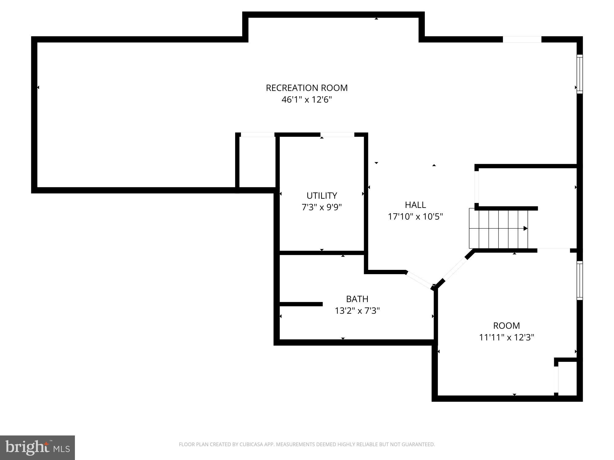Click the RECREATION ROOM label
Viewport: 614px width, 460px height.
coord(306,88)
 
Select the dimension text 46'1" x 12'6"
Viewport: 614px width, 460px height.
coord(306,100)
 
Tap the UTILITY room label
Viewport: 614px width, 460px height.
coord(321,195)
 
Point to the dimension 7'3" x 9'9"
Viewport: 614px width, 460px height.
coord(321,207)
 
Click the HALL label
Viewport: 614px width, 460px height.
coord(415,205)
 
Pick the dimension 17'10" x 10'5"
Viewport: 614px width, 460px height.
coord(415,217)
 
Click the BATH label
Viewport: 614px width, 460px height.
coord(357,299)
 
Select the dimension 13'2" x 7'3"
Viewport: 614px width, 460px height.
coord(357,311)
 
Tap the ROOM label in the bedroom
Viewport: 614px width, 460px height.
coord(506,325)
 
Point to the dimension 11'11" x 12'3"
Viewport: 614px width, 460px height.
coord(506,337)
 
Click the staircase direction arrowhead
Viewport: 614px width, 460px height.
coord(525,228)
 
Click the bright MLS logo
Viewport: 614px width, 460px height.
coord(37,447)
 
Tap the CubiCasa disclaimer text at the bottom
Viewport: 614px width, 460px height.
coord(306,444)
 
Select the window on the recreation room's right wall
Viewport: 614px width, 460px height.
coord(579,74)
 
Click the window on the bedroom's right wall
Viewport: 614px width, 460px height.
coord(579,280)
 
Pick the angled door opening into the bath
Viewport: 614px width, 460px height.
coord(419,280)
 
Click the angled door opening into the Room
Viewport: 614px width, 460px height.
coord(455,269)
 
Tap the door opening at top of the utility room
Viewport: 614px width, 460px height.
coord(337,135)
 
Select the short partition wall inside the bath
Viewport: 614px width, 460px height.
coord(301,304)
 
